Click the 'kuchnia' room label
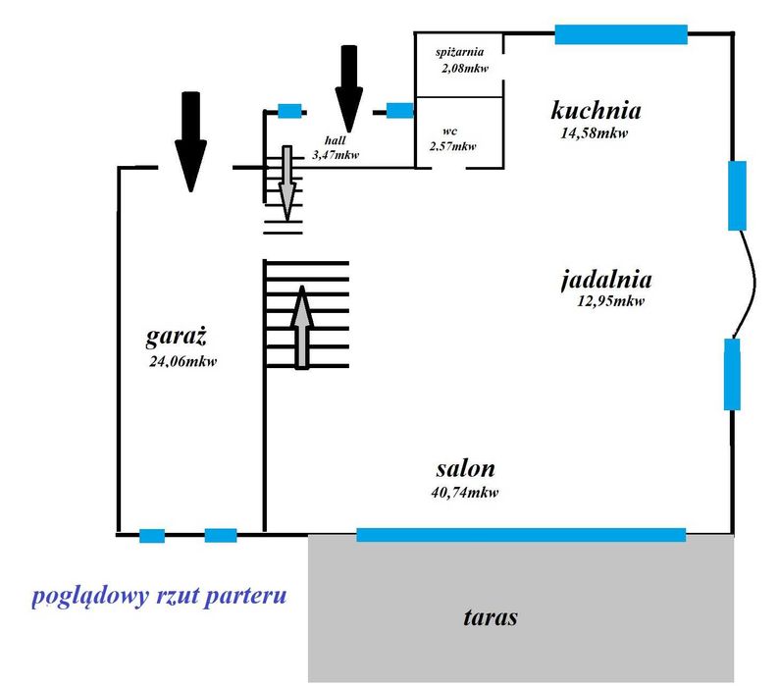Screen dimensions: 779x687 pyautogui.click(x=596, y=110)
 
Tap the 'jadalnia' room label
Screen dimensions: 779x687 pyautogui.click(x=606, y=280)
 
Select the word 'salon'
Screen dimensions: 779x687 pyautogui.click(x=465, y=469)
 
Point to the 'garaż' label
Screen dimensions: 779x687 pyautogui.click(x=176, y=337)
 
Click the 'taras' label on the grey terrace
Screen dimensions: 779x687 pyautogui.click(x=491, y=617)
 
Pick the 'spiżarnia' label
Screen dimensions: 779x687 pyautogui.click(x=459, y=52)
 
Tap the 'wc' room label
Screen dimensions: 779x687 pyautogui.click(x=449, y=132)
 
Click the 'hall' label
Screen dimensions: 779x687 pyautogui.click(x=336, y=140)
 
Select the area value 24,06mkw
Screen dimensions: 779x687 pyautogui.click(x=183, y=361)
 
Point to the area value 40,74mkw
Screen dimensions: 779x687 pyautogui.click(x=464, y=493)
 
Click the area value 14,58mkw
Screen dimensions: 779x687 pyautogui.click(x=595, y=133)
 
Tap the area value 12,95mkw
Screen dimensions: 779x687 pyautogui.click(x=610, y=301)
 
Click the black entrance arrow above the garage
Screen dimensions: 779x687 pyautogui.click(x=190, y=141)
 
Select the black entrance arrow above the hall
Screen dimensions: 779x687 pyautogui.click(x=349, y=88)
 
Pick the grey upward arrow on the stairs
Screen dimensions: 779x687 pyautogui.click(x=301, y=328)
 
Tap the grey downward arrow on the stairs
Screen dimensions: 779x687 pyautogui.click(x=287, y=184)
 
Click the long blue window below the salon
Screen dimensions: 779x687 pyautogui.click(x=521, y=535)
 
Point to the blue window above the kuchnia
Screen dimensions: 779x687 pyautogui.click(x=621, y=34)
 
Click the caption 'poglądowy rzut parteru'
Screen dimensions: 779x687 pyautogui.click(x=159, y=596)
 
